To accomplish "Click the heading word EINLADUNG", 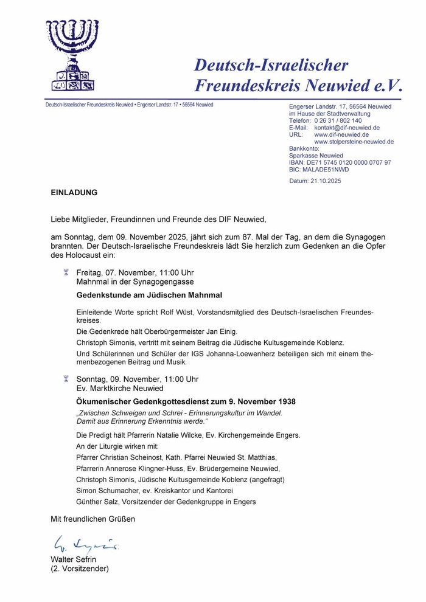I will [74, 193].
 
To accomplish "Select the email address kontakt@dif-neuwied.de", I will [347, 128].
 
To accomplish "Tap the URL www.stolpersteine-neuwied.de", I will [354, 142].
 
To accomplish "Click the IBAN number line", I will [340, 162].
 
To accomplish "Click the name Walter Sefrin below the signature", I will [73, 559].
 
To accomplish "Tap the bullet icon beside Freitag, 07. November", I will [66, 272].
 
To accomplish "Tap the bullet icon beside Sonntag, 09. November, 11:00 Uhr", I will [66, 379].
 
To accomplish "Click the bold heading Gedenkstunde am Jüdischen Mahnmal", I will [149, 296].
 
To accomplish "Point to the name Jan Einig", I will [220, 332].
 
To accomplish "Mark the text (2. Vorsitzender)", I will [79, 569].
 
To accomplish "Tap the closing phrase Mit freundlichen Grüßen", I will [93, 519].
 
